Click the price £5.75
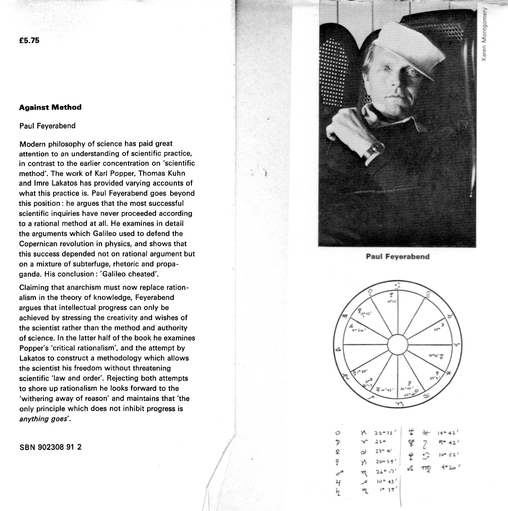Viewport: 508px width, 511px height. click(x=29, y=40)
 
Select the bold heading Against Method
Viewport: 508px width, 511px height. click(x=50, y=107)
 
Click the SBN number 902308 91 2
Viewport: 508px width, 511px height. click(x=51, y=447)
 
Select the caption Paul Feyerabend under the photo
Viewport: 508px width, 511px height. click(x=398, y=256)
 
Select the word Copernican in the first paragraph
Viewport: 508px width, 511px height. click(x=39, y=244)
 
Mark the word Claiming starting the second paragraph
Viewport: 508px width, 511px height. click(x=35, y=287)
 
